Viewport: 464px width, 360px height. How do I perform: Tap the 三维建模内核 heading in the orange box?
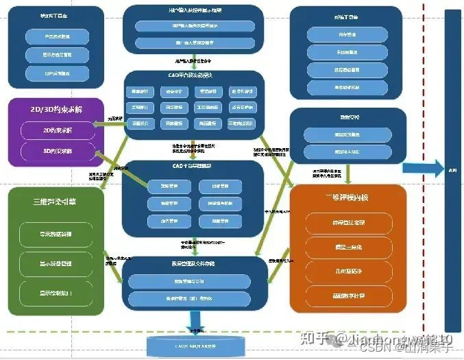(x=347, y=197)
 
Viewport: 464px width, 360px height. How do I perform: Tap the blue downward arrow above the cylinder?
(x=196, y=320)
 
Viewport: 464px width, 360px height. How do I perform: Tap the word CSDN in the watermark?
(x=371, y=347)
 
